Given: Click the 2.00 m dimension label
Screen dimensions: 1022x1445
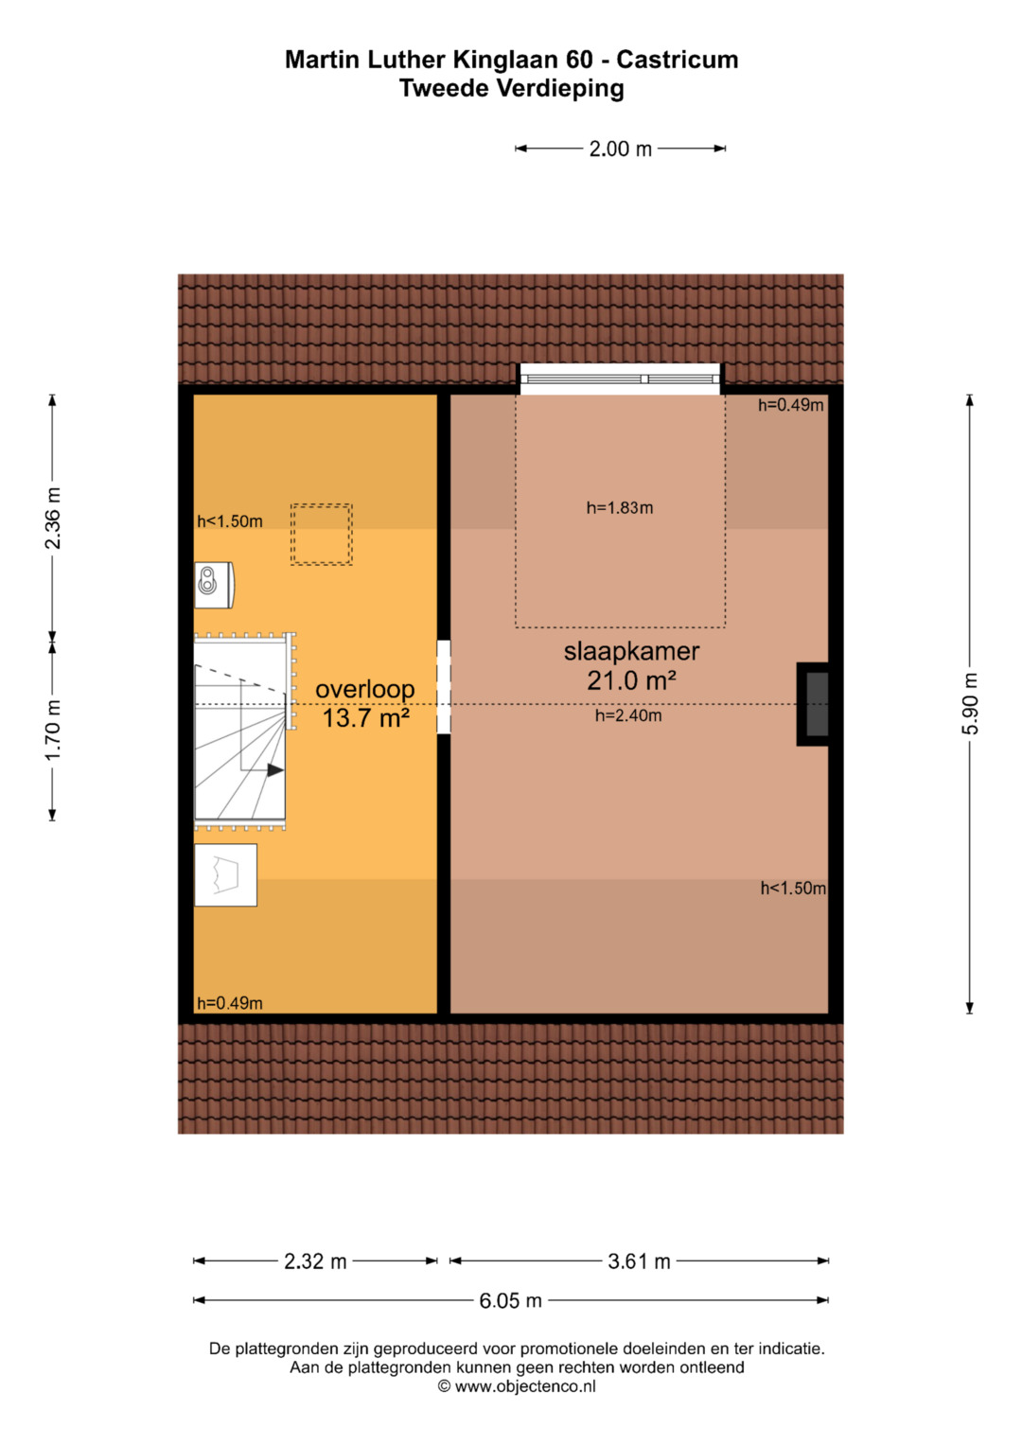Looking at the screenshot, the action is tap(620, 149).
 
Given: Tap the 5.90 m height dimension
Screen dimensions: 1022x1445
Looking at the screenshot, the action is tap(970, 703).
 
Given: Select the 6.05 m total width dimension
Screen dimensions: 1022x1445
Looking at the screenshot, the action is tap(510, 1300).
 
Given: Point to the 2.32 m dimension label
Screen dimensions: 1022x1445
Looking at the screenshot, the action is tap(315, 1260).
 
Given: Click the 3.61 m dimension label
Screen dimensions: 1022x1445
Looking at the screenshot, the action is tap(639, 1260).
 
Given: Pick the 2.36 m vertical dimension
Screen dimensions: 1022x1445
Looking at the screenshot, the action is tap(53, 518).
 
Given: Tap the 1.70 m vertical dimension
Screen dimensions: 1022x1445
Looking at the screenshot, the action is tap(53, 731).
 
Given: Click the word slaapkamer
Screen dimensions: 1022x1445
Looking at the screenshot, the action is tap(632, 652).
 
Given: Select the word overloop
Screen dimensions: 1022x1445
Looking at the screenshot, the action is tap(365, 690).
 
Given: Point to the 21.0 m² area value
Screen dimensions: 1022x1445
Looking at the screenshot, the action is tap(632, 680).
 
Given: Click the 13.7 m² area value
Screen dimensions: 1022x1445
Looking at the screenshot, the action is tap(366, 718).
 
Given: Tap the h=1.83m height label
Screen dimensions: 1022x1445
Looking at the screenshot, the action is tap(620, 507).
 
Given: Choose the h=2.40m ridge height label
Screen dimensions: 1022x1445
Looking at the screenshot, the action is tap(628, 715).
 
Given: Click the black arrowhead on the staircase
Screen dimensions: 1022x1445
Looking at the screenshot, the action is tap(275, 769).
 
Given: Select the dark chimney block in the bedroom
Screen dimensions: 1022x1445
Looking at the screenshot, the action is tap(813, 704).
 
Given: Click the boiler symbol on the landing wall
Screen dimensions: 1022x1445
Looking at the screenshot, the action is tap(214, 585).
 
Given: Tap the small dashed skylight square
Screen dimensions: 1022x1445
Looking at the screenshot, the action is tap(322, 534).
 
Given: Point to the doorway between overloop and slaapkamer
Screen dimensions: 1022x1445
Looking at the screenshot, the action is tap(444, 686).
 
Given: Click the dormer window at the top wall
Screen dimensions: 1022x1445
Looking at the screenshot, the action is tap(620, 379).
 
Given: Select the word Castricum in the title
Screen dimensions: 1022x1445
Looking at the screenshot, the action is tap(677, 60).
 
